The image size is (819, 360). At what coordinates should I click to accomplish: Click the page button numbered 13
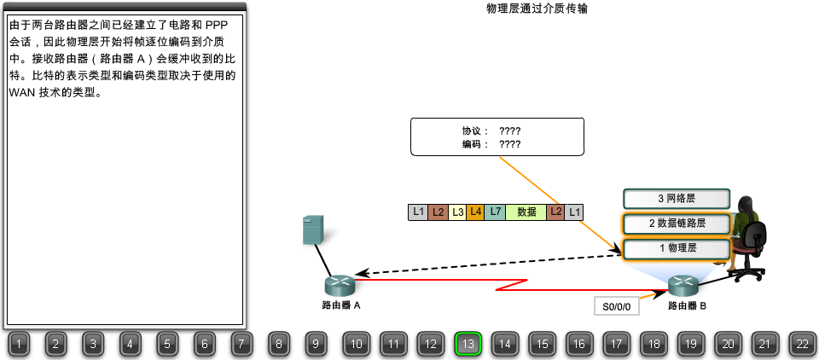(468, 344)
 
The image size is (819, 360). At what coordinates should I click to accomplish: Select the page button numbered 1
(20, 344)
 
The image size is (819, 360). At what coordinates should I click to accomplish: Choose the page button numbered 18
(653, 344)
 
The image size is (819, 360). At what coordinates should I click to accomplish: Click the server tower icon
(314, 230)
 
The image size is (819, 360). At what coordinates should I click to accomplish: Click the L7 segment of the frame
(495, 212)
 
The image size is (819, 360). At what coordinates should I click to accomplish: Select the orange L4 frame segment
(475, 212)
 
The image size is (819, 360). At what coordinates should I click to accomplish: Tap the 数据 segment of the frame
(526, 212)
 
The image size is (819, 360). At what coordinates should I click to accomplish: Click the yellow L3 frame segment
(457, 212)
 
